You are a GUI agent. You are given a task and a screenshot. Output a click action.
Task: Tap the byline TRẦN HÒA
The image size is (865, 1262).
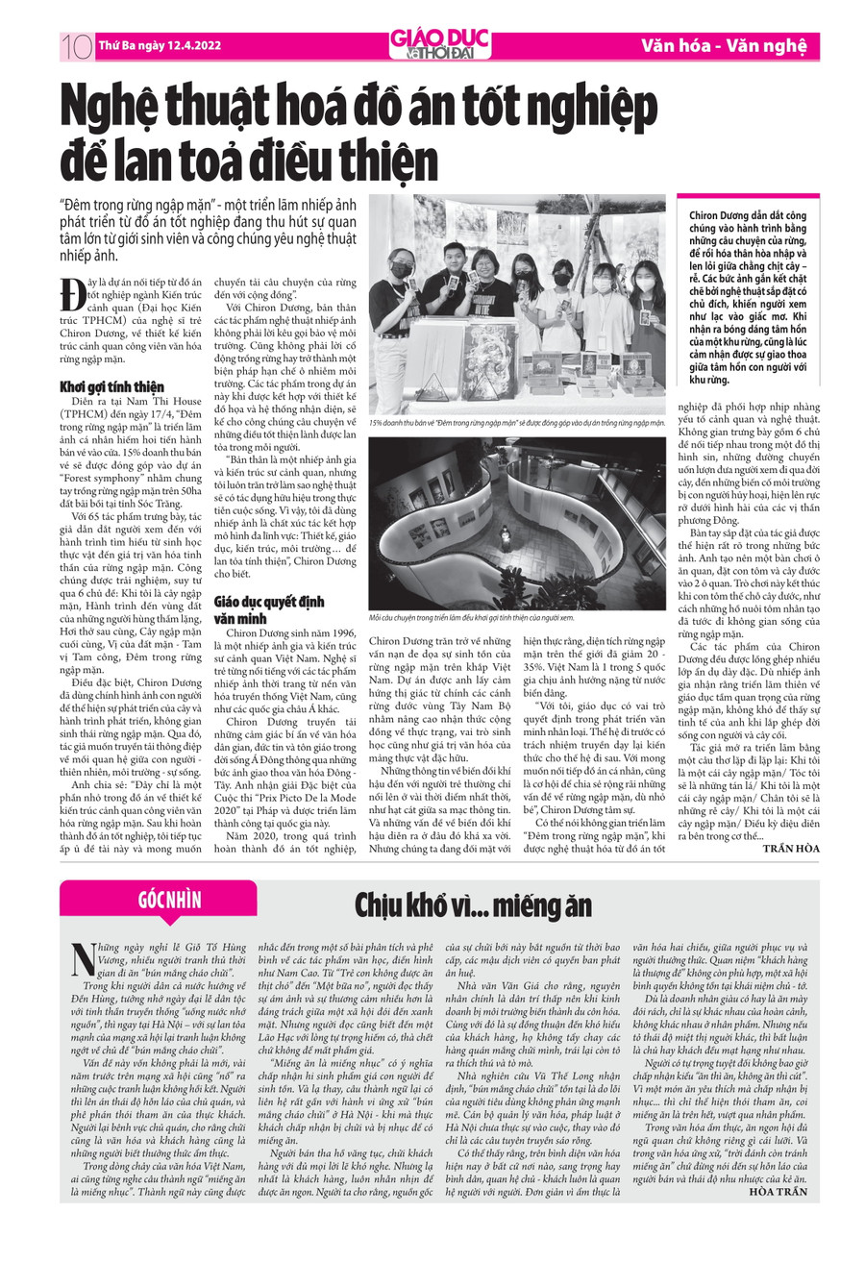pos(791,847)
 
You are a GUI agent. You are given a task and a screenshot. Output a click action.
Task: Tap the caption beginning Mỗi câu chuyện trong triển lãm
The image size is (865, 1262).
pos(471,618)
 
